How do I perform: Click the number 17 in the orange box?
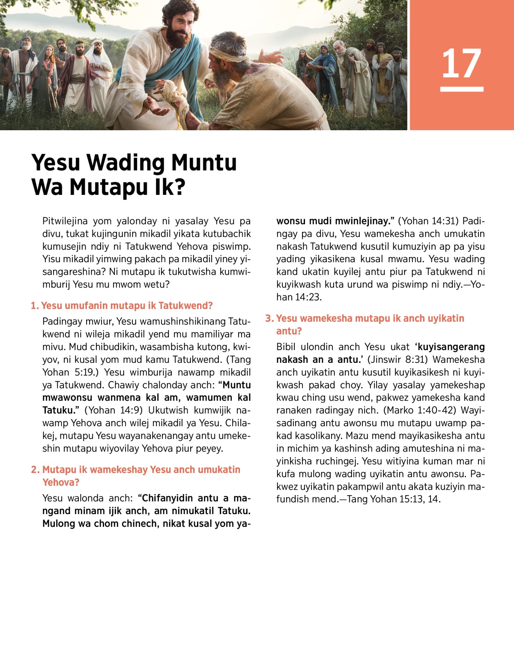click(461, 63)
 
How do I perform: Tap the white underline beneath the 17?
click(461, 89)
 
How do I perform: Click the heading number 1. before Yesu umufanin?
click(35, 306)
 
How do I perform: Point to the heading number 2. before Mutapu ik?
click(35, 470)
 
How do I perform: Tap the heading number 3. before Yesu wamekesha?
click(269, 319)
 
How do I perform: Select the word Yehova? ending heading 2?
click(61, 483)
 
